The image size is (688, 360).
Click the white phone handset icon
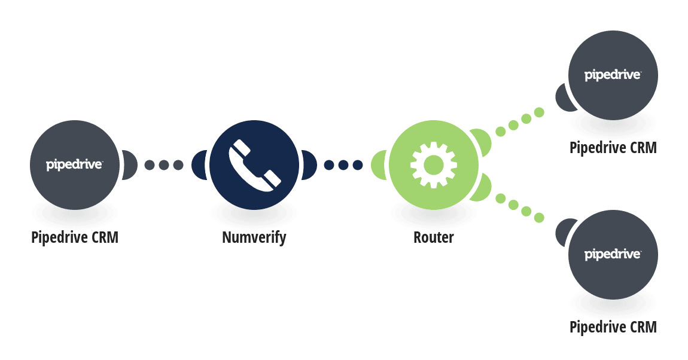[x=254, y=165]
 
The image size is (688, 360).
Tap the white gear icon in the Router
[x=434, y=165]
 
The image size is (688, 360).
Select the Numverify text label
[x=254, y=237]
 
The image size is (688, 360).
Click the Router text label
[x=434, y=237]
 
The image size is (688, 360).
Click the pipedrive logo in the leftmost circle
[x=74, y=165]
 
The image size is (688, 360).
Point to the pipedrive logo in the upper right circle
[x=613, y=75]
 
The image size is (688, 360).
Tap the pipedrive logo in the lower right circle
[x=613, y=254]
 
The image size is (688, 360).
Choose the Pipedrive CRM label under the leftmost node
[x=75, y=237]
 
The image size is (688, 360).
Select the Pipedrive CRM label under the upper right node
[x=613, y=148]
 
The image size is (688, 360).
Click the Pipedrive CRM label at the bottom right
[x=613, y=327]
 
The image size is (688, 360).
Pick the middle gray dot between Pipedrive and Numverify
[x=164, y=165]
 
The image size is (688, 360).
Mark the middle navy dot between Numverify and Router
[x=343, y=165]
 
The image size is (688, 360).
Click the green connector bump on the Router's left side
[x=378, y=165]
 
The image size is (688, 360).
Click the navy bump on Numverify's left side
[x=199, y=165]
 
